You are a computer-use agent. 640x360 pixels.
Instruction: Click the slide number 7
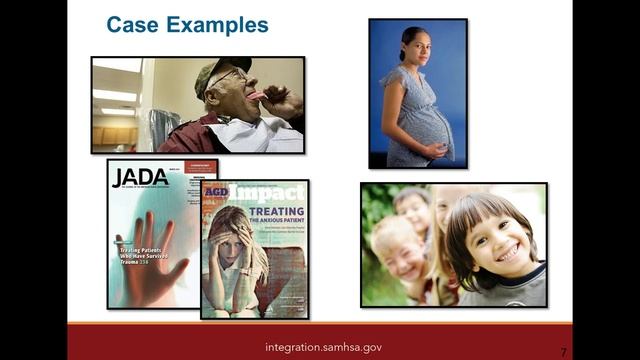tap(563, 352)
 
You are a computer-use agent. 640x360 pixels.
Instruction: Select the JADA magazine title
tap(140, 178)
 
